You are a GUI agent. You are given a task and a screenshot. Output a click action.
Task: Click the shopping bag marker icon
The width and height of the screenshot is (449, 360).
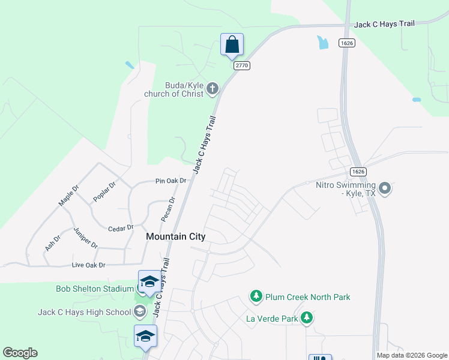pos(232,45)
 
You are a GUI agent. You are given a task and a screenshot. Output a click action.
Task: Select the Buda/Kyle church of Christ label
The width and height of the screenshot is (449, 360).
pos(174,89)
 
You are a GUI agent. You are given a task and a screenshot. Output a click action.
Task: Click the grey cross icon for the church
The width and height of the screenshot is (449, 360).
pos(212,89)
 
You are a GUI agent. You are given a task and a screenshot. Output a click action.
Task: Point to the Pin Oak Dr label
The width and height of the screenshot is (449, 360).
pos(170,181)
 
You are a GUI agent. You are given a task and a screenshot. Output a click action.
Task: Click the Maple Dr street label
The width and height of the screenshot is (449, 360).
pos(68,196)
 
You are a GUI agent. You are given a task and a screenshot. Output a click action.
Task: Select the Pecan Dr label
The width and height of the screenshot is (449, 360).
pos(167,209)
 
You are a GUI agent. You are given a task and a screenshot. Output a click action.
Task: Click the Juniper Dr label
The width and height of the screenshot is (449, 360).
pos(85,238)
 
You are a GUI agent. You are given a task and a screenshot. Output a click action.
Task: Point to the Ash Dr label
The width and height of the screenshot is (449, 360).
pos(52,243)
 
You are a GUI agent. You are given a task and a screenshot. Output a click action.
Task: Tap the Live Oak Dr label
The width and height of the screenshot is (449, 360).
pos(88,265)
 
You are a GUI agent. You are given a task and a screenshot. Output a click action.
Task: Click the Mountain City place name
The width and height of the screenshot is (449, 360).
pos(176,237)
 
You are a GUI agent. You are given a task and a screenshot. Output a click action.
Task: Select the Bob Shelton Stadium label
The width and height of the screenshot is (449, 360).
pos(94,289)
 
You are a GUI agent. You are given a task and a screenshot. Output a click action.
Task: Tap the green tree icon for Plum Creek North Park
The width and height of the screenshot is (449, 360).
pos(256,296)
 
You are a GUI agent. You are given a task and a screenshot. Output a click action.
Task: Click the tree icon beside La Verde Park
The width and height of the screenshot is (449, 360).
pos(307,318)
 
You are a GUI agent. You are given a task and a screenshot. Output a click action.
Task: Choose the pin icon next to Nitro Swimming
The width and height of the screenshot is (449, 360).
pos(385,189)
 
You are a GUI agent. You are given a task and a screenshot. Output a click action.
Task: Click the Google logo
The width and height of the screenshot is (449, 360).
pos(20,353)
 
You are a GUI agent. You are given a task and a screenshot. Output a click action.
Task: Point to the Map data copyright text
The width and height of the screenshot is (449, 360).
pos(412,355)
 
